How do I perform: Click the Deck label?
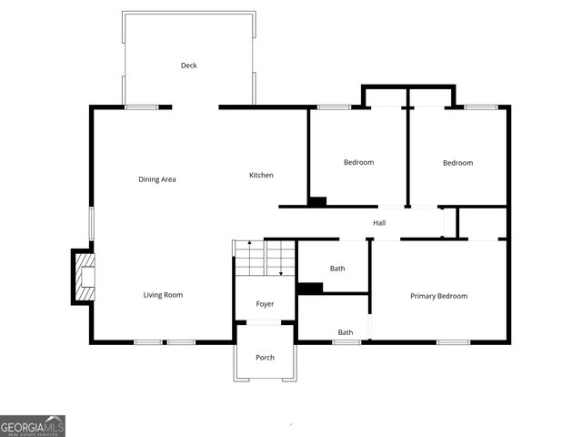coord(188,66)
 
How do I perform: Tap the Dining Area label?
coord(157,179)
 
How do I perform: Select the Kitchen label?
coord(262,175)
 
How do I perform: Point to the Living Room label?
coord(163,295)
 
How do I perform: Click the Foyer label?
coord(265,304)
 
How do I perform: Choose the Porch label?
coord(265,358)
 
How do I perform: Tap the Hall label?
coord(379,223)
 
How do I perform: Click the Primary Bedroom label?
coord(438,296)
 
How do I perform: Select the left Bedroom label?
coord(358,163)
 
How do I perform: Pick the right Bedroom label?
coord(457,163)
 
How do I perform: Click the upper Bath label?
coord(337,269)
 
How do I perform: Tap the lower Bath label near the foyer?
coord(346,332)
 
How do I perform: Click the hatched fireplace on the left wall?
coord(84,278)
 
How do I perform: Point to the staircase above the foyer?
coord(266,258)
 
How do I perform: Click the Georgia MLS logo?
coord(33,426)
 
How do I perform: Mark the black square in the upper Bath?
coord(310,289)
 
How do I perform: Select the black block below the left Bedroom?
coord(316,201)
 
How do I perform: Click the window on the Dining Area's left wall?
coord(91,224)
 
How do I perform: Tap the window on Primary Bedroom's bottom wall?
coord(453,342)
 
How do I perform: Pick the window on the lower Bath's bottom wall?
coord(346,342)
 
